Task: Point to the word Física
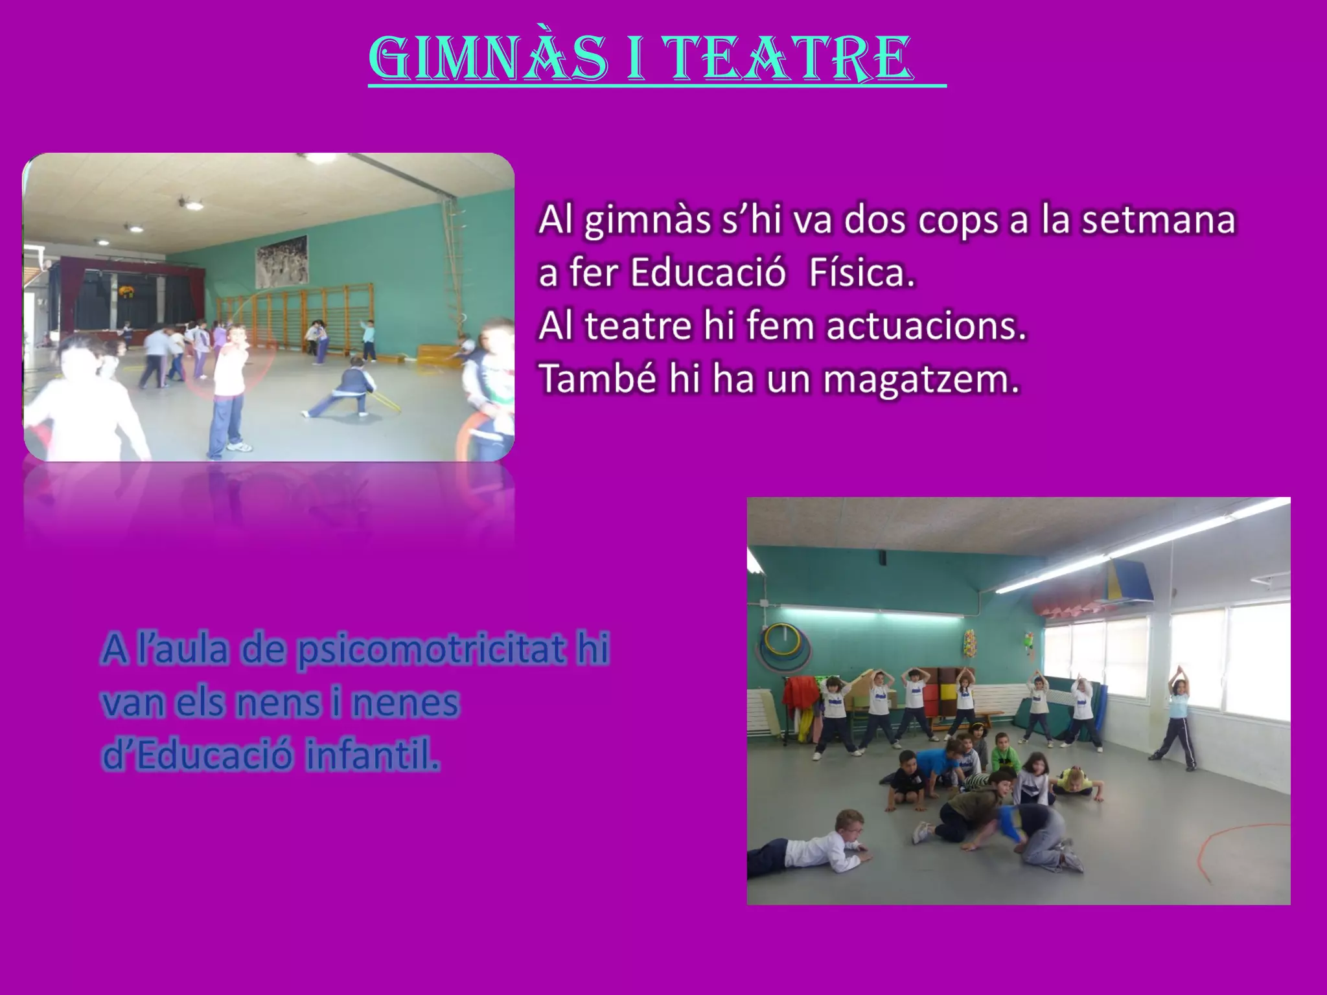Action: pyautogui.click(x=862, y=273)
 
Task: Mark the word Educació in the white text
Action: pyautogui.click(x=708, y=273)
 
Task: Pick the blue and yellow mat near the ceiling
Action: pyautogui.click(x=1128, y=580)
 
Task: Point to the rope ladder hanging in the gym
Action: pyautogui.click(x=456, y=259)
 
